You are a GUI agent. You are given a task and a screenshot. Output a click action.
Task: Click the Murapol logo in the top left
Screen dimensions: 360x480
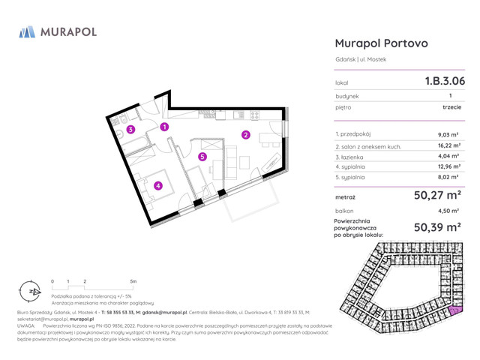pos(58,33)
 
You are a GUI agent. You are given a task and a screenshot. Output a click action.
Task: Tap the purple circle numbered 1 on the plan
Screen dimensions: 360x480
pos(163,127)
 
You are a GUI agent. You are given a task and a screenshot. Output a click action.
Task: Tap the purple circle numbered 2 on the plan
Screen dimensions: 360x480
pos(245,135)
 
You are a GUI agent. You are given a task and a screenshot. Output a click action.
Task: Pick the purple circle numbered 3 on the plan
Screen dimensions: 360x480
pos(130,130)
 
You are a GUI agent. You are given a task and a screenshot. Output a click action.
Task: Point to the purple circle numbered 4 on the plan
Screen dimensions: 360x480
pos(158,186)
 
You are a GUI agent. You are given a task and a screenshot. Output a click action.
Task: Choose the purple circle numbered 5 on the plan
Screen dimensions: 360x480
pos(202,157)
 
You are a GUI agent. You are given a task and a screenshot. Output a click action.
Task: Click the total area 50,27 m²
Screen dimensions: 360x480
pos(437,196)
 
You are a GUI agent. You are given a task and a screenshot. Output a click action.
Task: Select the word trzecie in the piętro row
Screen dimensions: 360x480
pos(452,107)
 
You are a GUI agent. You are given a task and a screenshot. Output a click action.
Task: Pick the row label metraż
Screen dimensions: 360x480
pos(345,197)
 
